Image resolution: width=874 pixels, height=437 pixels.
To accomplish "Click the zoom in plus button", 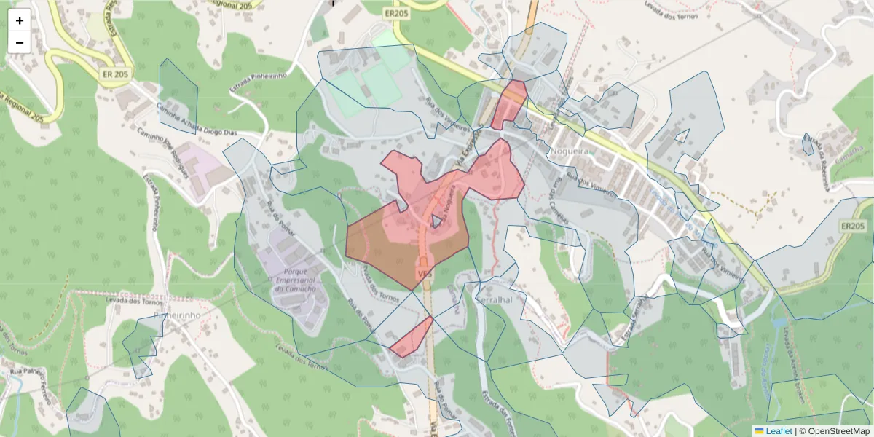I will coord(20,20).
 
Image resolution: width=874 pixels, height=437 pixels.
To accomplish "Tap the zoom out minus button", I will coord(20,42).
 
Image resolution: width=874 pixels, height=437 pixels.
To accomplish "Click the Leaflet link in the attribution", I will coord(778,431).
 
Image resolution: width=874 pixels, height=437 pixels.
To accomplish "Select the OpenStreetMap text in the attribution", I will coord(834,431).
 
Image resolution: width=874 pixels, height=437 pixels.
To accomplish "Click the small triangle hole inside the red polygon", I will coord(436,221).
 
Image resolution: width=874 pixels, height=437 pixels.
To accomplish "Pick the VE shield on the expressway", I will coord(423,272).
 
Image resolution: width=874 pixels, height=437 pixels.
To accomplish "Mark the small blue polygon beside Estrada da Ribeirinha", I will coord(808,144).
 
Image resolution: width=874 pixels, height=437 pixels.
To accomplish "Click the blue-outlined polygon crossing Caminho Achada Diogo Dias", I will coord(178,95).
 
